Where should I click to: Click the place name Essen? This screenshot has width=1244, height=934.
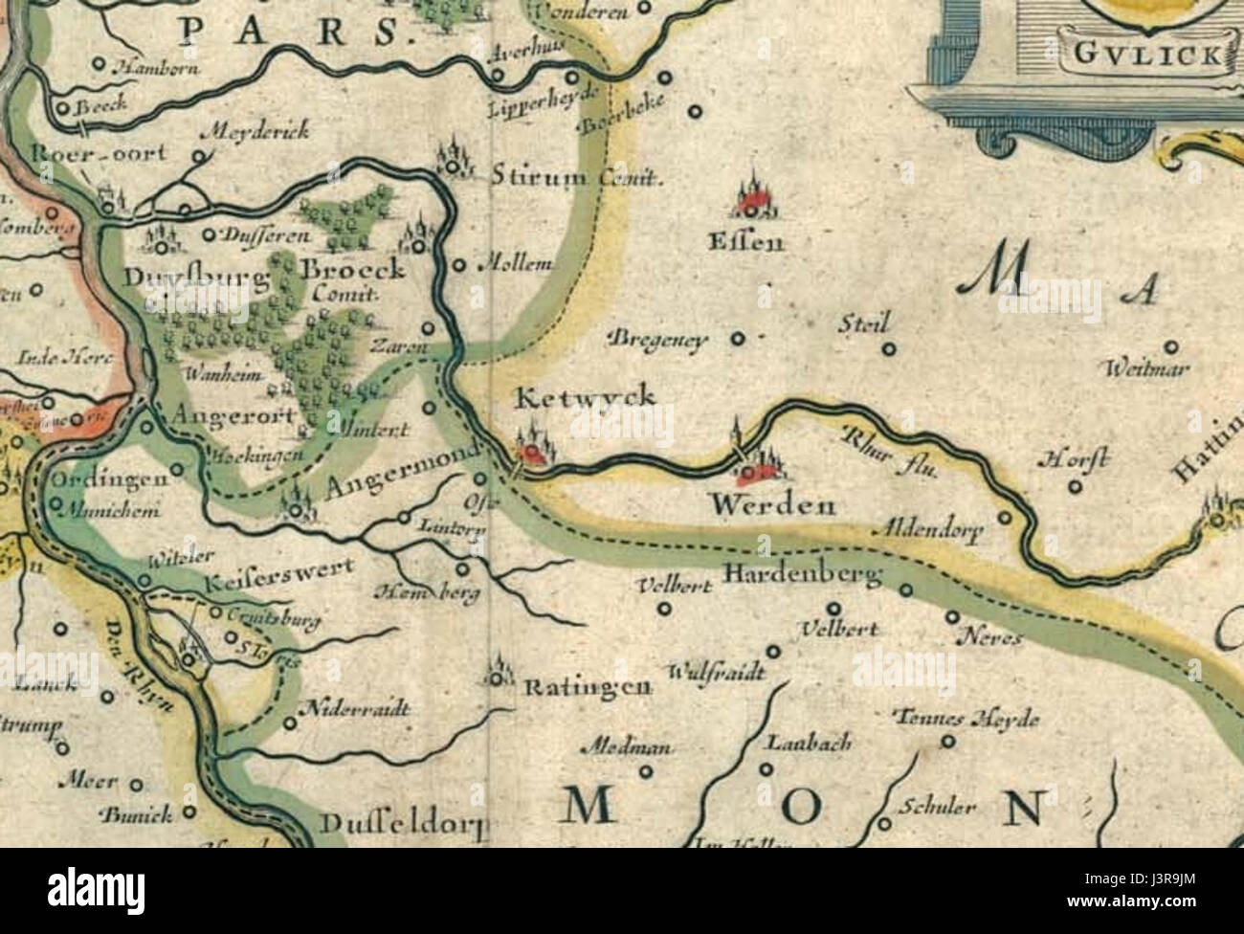745,242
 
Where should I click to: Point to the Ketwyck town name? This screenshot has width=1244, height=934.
586,396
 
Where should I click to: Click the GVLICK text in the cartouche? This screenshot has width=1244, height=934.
1146,54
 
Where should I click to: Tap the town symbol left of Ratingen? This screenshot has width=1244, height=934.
497,675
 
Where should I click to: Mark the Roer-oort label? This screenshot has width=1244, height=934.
85,153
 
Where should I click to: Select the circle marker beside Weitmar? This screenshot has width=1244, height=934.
1170,348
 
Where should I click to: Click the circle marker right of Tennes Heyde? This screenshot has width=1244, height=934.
947,741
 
